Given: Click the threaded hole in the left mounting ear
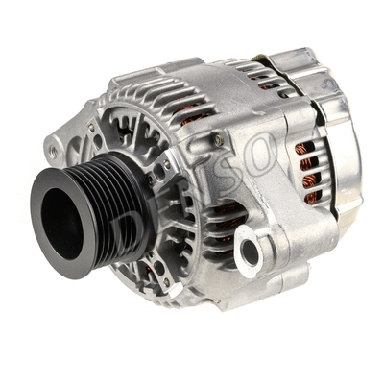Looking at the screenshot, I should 56,152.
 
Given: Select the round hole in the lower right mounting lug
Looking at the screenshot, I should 251,252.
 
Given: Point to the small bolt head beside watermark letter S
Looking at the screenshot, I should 219,142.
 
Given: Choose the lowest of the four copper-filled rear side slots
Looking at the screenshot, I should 313,198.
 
